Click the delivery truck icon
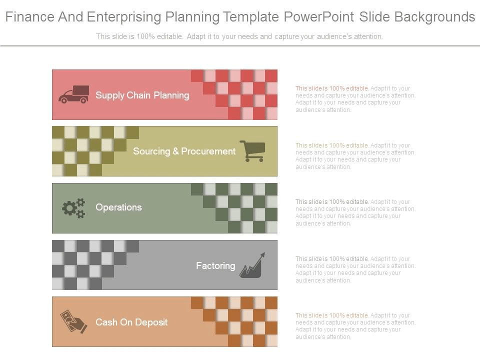tap(74, 94)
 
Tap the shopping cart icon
tap(252, 151)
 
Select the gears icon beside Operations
tap(73, 208)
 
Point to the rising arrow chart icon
tap(252, 265)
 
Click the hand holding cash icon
tap(73, 321)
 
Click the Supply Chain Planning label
tap(142, 95)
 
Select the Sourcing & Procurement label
tap(184, 151)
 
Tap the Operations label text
tap(119, 207)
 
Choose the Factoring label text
tap(215, 265)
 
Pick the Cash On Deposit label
tap(131, 322)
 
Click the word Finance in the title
tap(29, 17)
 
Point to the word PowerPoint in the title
tap(319, 17)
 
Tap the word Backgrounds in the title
tap(434, 17)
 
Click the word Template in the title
tap(250, 17)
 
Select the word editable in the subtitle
tap(170, 36)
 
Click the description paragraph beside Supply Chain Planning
tap(355, 99)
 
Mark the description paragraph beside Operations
tap(355, 212)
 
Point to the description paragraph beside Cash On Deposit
tap(355, 326)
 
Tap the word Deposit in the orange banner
tap(151, 322)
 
